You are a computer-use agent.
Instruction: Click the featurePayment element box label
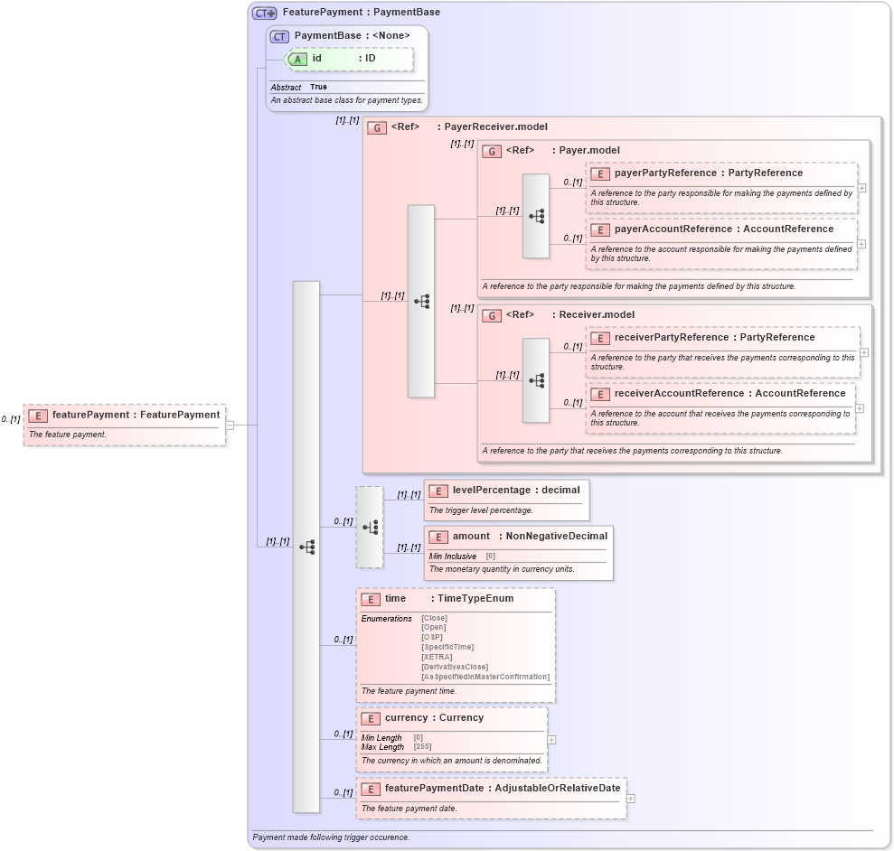click(x=136, y=415)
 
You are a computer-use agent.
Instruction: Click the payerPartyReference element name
click(x=665, y=173)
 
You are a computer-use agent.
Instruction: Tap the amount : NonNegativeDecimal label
click(x=530, y=536)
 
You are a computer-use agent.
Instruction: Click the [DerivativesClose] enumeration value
click(x=455, y=667)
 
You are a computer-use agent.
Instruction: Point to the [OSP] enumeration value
click(x=432, y=637)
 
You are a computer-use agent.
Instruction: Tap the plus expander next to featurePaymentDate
click(x=631, y=799)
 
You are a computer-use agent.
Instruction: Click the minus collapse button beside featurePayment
click(x=231, y=425)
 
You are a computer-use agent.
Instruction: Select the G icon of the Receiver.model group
click(x=492, y=315)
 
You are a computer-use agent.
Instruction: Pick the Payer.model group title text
click(x=588, y=150)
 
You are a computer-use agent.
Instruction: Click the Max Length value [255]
click(x=422, y=747)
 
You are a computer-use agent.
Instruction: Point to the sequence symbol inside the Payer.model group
click(x=536, y=217)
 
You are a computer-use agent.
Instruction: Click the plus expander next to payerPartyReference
click(x=862, y=188)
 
